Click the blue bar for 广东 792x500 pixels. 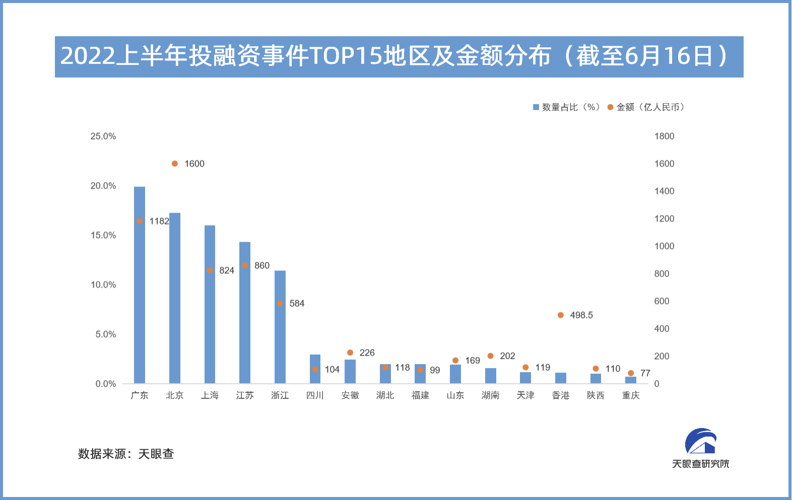(x=140, y=292)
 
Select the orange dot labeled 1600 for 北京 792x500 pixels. (x=175, y=164)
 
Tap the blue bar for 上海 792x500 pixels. (x=210, y=312)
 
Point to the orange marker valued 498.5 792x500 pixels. (x=561, y=315)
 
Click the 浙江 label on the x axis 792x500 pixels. (x=280, y=395)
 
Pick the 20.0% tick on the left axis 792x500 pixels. (x=103, y=186)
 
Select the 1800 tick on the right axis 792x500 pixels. (x=664, y=136)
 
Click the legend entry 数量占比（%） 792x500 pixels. (x=566, y=107)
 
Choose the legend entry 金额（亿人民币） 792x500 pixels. (x=646, y=107)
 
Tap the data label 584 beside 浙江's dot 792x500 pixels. (x=297, y=304)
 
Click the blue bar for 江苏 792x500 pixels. (x=245, y=322)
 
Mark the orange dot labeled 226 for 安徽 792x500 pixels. (x=350, y=352)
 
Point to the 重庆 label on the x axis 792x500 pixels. (x=631, y=395)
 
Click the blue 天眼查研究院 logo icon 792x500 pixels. (x=700, y=441)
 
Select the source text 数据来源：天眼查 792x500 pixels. (x=126, y=454)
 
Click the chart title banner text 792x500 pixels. (x=398, y=56)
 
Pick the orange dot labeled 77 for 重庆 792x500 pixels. (x=631, y=373)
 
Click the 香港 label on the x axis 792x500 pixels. (x=561, y=395)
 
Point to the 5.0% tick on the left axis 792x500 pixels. (x=106, y=334)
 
